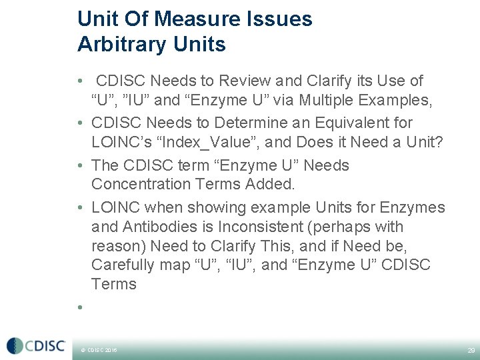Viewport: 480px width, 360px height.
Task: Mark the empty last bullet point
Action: coord(79,307)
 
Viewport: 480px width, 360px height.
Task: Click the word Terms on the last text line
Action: coord(114,283)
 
